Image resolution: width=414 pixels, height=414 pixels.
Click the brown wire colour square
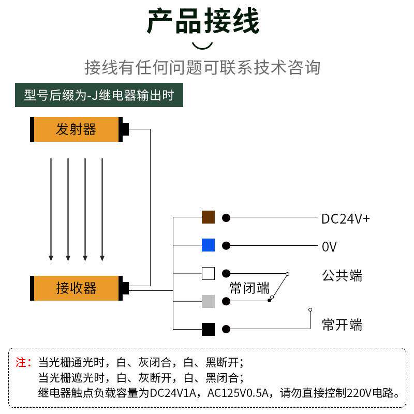(208, 217)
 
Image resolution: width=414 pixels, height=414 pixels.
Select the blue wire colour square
(208, 245)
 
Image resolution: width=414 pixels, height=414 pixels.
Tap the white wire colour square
(208, 273)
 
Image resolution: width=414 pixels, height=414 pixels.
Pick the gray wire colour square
(208, 301)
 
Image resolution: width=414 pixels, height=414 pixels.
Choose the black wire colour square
(208, 329)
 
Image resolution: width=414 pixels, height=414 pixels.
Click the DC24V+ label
(346, 219)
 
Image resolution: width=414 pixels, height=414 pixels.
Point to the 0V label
(329, 247)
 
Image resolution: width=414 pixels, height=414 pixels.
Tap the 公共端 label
(342, 275)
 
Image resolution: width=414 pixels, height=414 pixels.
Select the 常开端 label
(342, 325)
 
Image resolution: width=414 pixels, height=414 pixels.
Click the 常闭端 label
(249, 288)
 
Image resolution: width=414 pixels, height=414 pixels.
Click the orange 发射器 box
(76, 129)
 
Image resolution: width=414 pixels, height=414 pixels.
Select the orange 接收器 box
(76, 288)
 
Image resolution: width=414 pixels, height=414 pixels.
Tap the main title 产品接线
(203, 22)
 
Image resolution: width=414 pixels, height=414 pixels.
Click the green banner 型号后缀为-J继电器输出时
(99, 95)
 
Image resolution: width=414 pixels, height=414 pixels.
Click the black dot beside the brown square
(226, 218)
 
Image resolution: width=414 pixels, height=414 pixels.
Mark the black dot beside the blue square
(226, 245)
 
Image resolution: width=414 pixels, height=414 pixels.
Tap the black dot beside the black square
(226, 329)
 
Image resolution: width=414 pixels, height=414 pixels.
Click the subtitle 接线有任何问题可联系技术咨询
(202, 67)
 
